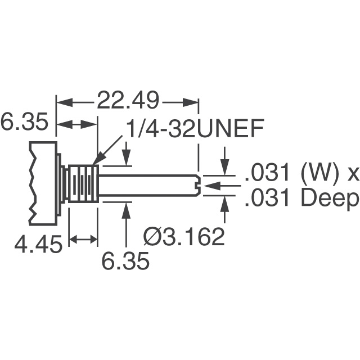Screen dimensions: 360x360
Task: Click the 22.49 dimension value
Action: [x=128, y=102]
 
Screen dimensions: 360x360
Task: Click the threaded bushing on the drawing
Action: [x=83, y=184]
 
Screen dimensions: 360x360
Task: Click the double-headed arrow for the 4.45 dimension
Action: [x=83, y=240]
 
